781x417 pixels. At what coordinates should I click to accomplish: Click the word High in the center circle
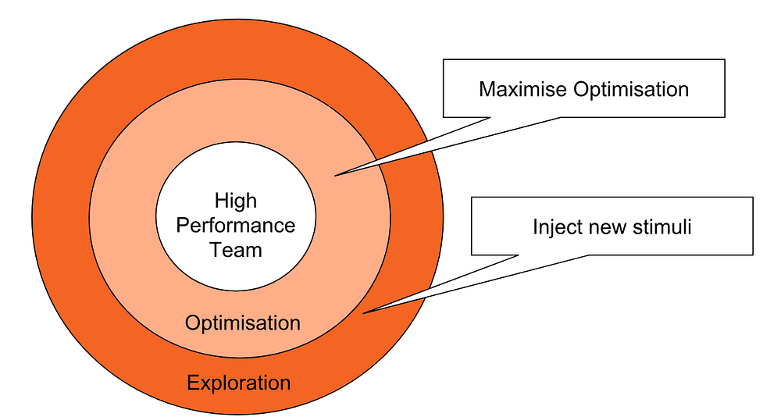[x=236, y=201]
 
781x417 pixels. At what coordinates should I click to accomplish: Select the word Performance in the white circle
[x=236, y=226]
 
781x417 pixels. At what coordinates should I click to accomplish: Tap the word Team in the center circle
[x=236, y=251]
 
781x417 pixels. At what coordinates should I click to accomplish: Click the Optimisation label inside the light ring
[x=242, y=323]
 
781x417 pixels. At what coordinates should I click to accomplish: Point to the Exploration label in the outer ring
[x=239, y=383]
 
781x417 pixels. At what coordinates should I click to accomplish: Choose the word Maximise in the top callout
[x=523, y=89]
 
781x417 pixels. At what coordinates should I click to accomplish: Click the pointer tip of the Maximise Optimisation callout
[x=335, y=175]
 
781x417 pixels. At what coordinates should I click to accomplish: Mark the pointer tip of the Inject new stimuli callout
[x=363, y=313]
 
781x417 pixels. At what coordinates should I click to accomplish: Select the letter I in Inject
[x=535, y=227]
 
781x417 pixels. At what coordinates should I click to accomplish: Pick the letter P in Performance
[x=182, y=226]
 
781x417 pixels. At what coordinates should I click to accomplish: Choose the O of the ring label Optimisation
[x=192, y=323]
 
